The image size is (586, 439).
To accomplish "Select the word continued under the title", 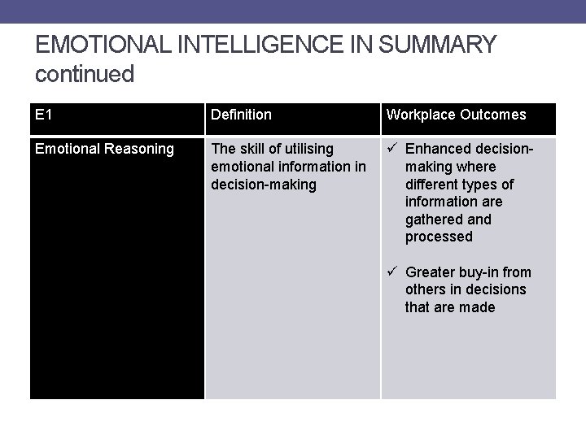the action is pos(85,74).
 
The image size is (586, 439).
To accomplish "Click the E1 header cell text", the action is pos(44,115).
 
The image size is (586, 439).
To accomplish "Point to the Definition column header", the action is pos(241,115).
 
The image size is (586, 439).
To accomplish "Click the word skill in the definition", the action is pos(254,149).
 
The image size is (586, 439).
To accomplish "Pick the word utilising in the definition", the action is pos(305,149).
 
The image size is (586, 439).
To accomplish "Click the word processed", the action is pos(439,237).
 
